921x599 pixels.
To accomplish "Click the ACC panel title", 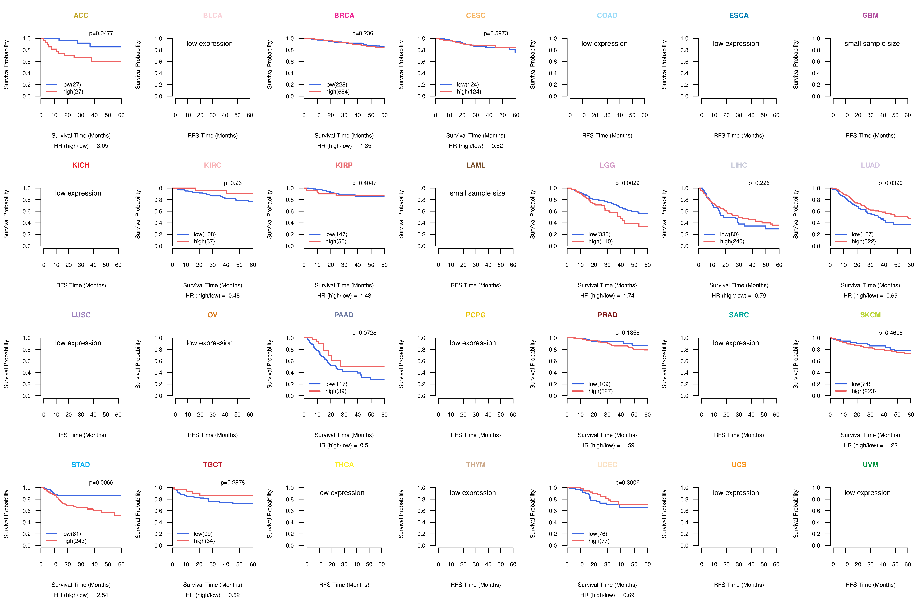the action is coord(81,16).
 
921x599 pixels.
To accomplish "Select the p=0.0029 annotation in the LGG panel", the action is coord(627,183).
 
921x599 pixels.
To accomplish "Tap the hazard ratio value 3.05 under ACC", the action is coord(103,146).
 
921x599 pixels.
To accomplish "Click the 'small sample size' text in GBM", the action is coord(872,43).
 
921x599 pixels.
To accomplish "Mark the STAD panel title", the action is coord(80,465).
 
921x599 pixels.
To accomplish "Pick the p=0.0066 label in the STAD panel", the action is coord(101,482).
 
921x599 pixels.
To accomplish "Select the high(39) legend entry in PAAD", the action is coord(336,391).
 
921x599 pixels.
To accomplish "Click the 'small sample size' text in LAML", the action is coord(477,193).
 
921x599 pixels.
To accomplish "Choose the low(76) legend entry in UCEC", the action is coord(598,534).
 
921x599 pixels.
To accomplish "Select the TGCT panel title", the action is coord(212,465).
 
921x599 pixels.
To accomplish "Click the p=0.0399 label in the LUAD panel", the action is coord(890,183).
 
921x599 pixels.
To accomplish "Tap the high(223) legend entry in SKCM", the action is coord(863,391).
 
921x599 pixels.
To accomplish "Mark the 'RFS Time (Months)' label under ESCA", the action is coord(739,135).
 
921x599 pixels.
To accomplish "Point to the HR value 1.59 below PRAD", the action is coord(629,445).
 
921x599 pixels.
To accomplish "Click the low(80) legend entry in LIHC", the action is coord(729,234).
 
